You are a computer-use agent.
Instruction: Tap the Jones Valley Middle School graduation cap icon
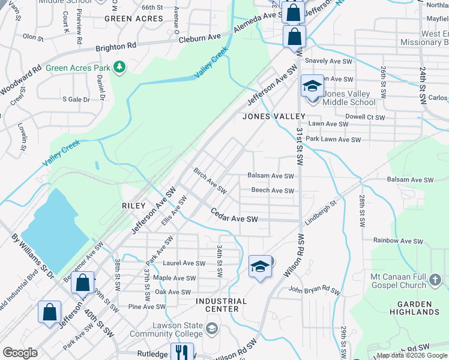coord(312,86)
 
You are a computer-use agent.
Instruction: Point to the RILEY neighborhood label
coord(134,206)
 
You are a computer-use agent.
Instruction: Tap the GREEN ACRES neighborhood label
coord(134,19)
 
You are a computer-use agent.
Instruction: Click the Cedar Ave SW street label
coord(234,215)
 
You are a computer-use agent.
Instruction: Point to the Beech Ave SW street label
coord(273,191)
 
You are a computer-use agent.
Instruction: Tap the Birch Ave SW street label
coord(209,181)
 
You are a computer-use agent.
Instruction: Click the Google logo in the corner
coord(20,353)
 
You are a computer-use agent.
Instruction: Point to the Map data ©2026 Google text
coord(412,355)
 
